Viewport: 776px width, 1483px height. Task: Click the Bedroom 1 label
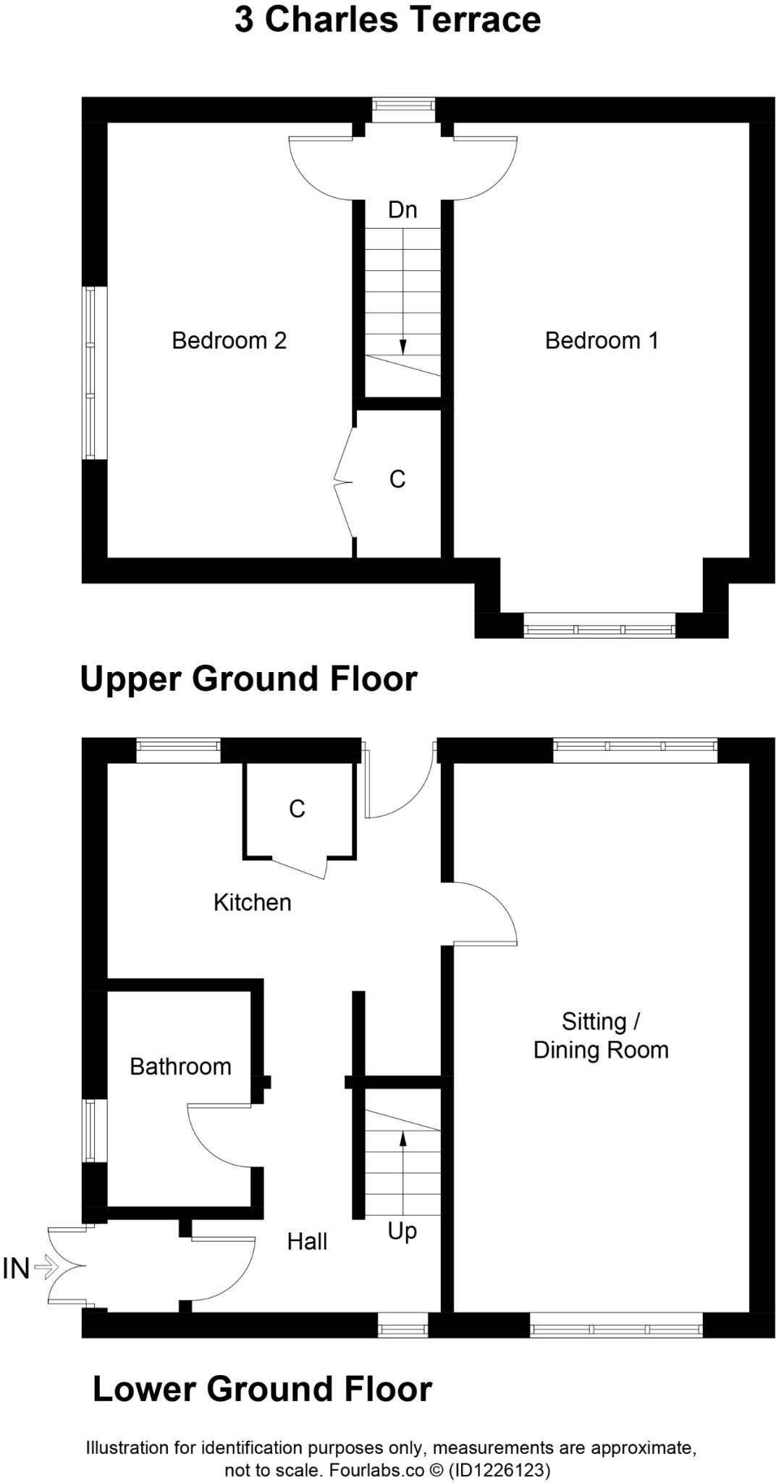(x=602, y=340)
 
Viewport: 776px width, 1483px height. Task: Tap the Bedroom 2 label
(x=229, y=340)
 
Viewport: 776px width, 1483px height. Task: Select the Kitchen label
(x=252, y=902)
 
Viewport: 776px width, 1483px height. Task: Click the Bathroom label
(x=180, y=1067)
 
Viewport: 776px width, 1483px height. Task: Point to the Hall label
(x=307, y=1242)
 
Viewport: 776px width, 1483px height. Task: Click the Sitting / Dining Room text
(x=601, y=1036)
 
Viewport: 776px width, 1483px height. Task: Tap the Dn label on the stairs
(x=402, y=210)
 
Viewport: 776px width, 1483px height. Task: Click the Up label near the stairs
(x=402, y=1232)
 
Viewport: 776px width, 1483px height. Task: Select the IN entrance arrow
(x=45, y=1267)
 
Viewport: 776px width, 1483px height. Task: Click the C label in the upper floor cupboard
(x=397, y=479)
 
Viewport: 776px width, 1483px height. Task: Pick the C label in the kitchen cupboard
(x=297, y=809)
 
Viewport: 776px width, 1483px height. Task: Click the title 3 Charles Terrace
(x=387, y=20)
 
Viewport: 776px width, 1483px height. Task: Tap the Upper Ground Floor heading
(x=248, y=679)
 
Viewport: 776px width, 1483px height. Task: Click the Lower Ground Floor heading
(x=262, y=1390)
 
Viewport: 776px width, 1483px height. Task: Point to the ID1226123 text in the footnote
(x=499, y=1471)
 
